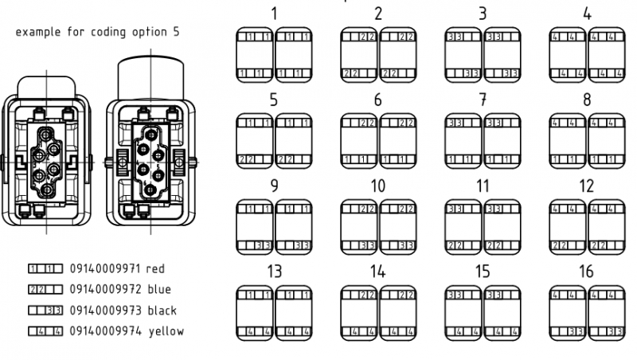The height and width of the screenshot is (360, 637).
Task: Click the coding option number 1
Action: click(x=274, y=14)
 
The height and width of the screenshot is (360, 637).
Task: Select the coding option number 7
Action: click(x=483, y=100)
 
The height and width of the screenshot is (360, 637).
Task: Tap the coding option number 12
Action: click(x=587, y=186)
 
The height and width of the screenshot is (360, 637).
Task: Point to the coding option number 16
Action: click(x=587, y=272)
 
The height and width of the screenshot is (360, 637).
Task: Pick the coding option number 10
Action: click(x=378, y=186)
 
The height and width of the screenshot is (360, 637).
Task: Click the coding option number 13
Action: click(x=274, y=272)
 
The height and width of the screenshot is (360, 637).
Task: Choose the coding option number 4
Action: click(x=587, y=14)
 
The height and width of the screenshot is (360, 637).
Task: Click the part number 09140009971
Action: click(x=104, y=269)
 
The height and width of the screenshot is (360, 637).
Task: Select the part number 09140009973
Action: click(x=104, y=310)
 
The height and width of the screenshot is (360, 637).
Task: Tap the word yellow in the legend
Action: click(x=164, y=331)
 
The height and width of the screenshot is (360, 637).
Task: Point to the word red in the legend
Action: click(x=154, y=269)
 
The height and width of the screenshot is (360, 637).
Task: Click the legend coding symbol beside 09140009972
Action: click(x=45, y=290)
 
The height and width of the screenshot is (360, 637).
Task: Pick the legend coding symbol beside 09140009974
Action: click(x=45, y=331)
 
